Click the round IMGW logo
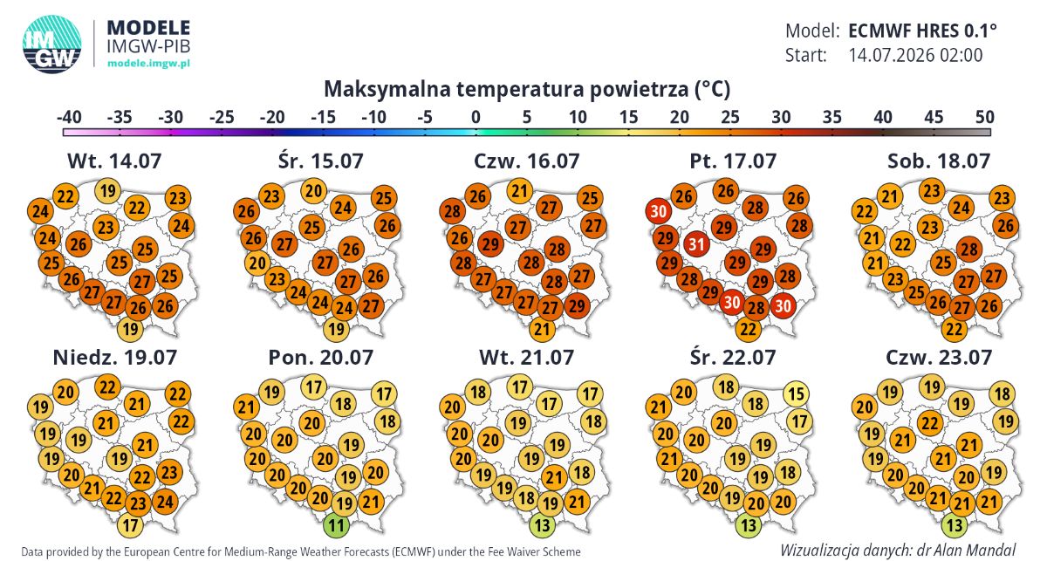tap(51, 44)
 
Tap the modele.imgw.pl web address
tap(148, 63)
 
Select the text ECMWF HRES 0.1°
tap(923, 31)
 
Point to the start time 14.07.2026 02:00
tap(915, 55)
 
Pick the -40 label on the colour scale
tap(69, 116)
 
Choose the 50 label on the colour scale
tap(984, 116)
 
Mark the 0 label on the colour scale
tap(476, 116)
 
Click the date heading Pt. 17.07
tap(733, 161)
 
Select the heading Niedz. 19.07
tap(115, 358)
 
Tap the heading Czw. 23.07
tap(939, 358)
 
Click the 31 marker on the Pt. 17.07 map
tap(696, 244)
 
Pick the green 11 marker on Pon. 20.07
tap(336, 525)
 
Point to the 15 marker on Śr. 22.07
tap(796, 394)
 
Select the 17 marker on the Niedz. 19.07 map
tap(130, 525)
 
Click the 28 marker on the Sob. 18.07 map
tap(969, 250)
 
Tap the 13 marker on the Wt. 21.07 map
tap(542, 525)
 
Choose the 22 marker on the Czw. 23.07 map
tap(930, 423)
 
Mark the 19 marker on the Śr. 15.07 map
tap(336, 329)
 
